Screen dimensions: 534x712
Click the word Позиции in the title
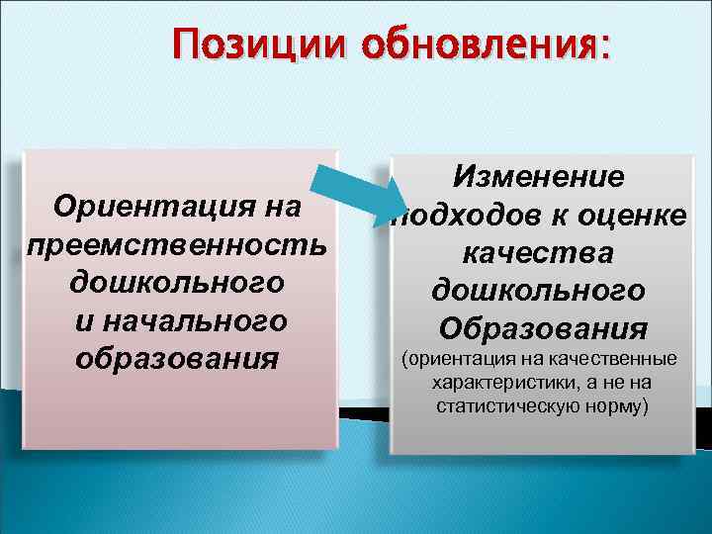258,44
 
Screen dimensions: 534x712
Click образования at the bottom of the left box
177,357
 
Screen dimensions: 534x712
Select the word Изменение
539,177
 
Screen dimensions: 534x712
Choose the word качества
539,252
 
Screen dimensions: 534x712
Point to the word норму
614,405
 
